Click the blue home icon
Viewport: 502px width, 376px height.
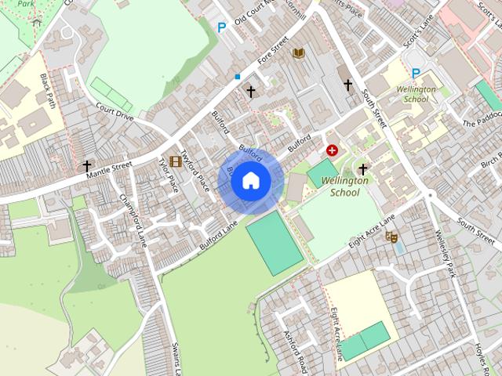click(x=250, y=180)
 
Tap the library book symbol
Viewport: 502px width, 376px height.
click(x=298, y=53)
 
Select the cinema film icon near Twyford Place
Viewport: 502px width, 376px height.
click(x=176, y=161)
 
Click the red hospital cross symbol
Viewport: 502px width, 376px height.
click(x=333, y=149)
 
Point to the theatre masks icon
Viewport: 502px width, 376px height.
click(x=391, y=236)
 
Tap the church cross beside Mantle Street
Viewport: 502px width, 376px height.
click(x=87, y=166)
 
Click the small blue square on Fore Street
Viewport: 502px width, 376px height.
click(x=237, y=77)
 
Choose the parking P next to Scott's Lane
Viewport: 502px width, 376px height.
click(x=416, y=74)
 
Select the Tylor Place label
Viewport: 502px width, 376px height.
click(x=169, y=175)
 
